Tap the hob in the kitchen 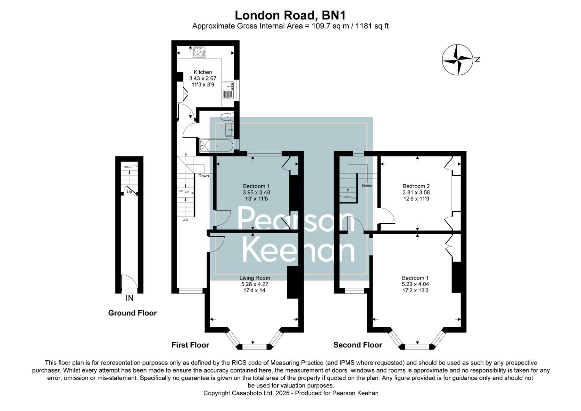tap(198, 52)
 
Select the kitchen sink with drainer tap(228, 90)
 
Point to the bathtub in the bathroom tap(218, 145)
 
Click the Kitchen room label tap(203, 72)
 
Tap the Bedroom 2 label tap(416, 186)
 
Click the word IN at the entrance tap(130, 298)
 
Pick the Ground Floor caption tap(132, 313)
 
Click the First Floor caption tap(190, 345)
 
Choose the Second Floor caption tap(357, 345)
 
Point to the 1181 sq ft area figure tap(372, 26)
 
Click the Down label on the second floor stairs tap(367, 186)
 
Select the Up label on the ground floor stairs tap(129, 192)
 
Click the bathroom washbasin tap(229, 130)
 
